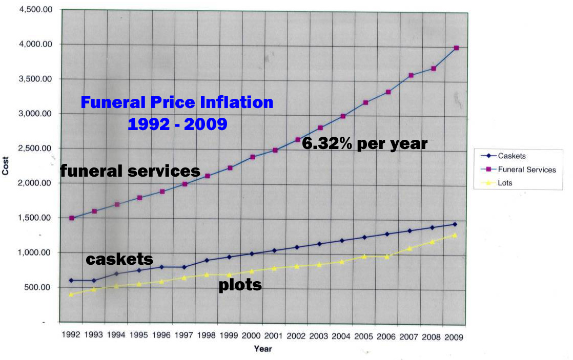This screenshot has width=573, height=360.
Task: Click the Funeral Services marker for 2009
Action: (456, 48)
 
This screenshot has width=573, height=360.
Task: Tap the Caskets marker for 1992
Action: (71, 280)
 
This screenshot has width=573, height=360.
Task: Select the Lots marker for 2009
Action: (455, 235)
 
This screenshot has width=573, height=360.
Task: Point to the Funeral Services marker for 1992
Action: (72, 218)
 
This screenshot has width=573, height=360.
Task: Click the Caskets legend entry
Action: (511, 156)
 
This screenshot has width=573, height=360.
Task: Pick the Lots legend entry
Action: (505, 182)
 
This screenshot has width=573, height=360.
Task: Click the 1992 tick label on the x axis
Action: (71, 335)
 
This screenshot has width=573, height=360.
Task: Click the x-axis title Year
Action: (262, 349)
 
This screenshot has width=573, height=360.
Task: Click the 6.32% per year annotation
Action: (364, 144)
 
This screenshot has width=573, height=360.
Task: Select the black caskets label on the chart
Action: (119, 260)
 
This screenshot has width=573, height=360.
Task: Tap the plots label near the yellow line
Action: (240, 285)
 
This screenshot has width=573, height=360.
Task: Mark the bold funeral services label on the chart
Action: (130, 171)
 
